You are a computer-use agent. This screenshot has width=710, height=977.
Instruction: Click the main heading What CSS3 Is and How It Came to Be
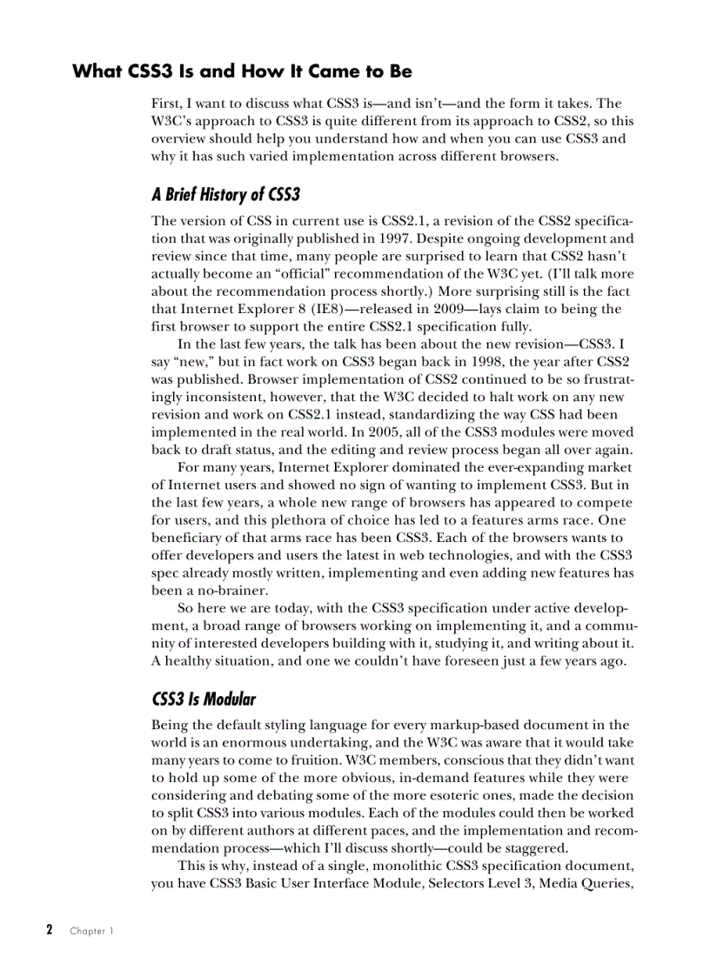coord(242,71)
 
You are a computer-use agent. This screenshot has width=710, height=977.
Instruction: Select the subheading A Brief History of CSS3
coord(225,194)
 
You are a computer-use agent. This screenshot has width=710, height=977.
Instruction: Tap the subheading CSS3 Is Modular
coord(204,699)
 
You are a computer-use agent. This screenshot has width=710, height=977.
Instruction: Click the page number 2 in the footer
coord(50,930)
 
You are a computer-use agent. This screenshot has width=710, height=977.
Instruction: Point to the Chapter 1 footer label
coord(91,931)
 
